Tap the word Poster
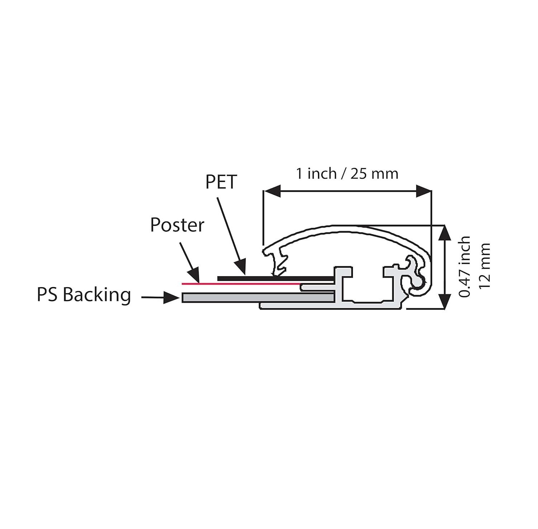tap(177, 225)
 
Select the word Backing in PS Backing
tap(97, 295)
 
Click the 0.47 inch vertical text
tap(465, 266)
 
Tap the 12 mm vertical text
tap(484, 266)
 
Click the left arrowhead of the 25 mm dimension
tap(272, 191)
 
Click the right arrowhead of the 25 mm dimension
tap(424, 191)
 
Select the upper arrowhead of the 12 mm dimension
tap(445, 233)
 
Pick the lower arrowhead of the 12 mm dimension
tap(445, 301)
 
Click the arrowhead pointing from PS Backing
tap(171, 297)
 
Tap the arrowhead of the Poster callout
tap(194, 275)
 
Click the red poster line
tap(241, 284)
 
